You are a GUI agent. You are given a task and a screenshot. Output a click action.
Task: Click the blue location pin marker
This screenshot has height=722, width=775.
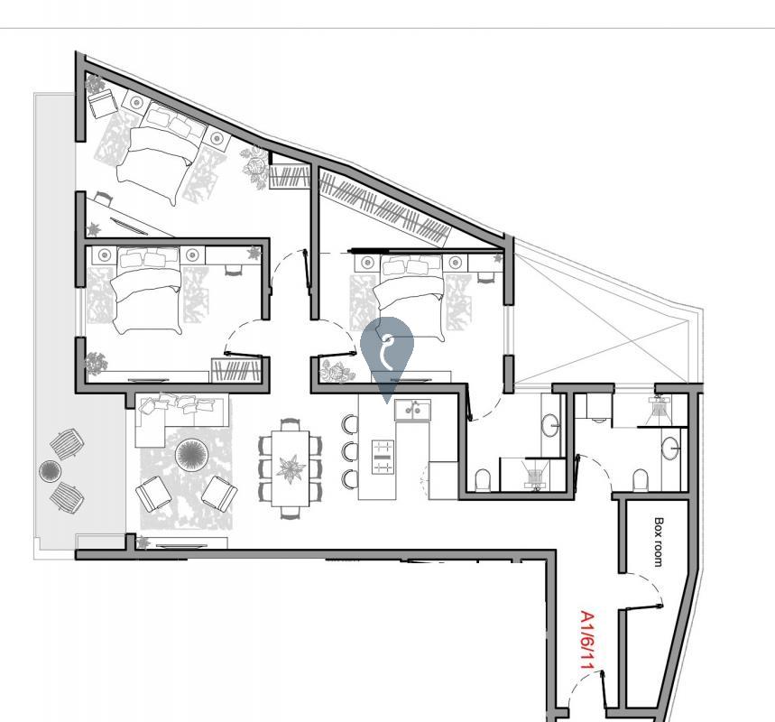[x=387, y=353]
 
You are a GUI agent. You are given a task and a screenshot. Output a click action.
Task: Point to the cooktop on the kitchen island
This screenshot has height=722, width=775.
[x=383, y=457]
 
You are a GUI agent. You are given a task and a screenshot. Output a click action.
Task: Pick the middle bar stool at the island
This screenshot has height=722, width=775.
[x=349, y=450]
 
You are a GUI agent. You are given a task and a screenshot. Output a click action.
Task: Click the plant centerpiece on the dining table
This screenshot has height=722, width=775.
[x=291, y=468]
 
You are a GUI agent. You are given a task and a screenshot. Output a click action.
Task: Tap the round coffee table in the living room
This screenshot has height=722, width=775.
[x=191, y=455]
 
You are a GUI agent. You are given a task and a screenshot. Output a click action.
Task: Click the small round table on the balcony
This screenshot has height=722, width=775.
[x=50, y=470]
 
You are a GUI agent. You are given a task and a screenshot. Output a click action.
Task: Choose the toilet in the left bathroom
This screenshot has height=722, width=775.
[x=482, y=479]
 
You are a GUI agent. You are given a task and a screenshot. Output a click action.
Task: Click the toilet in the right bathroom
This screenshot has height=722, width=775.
[x=640, y=477]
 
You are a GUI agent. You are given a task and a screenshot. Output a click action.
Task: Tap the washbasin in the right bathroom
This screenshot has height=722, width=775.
[x=670, y=447]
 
